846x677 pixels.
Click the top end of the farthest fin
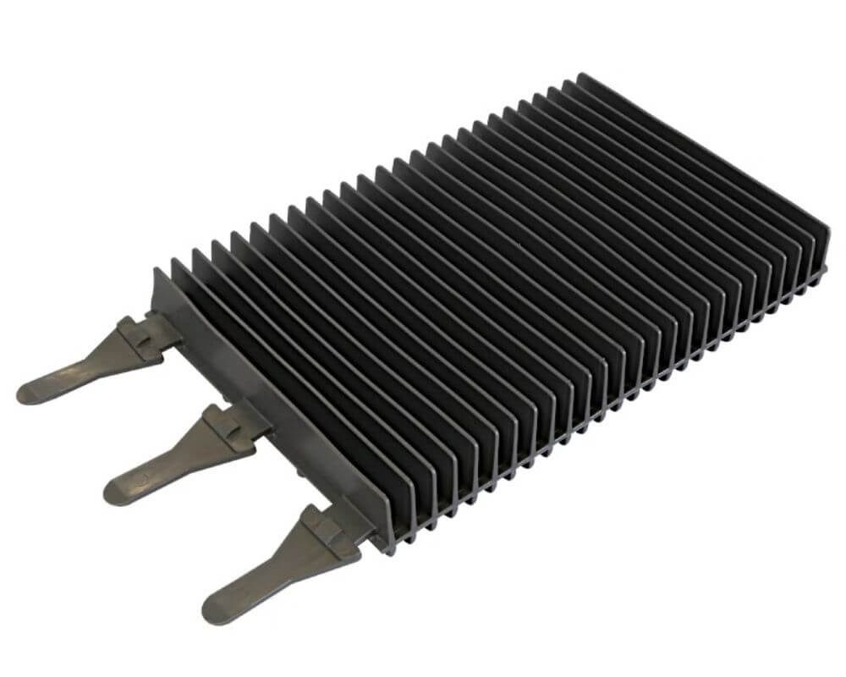click(582, 78)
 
